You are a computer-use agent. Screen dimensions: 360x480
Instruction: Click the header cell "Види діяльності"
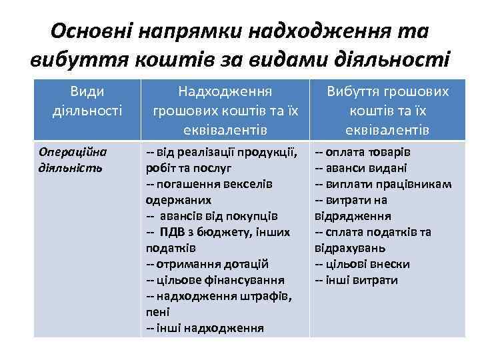(x=87, y=99)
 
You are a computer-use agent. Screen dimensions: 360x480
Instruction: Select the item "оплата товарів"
(x=367, y=151)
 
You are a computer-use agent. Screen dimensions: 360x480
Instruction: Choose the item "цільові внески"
(x=367, y=264)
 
